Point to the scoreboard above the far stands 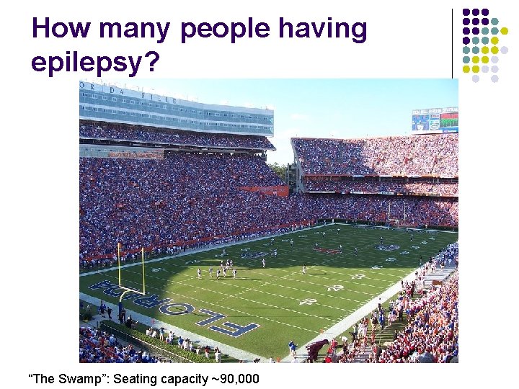coord(435,120)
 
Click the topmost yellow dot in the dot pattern coord(505,31)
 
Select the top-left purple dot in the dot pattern coord(466,12)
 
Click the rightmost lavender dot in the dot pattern coord(505,50)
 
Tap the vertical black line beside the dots coord(453,43)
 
